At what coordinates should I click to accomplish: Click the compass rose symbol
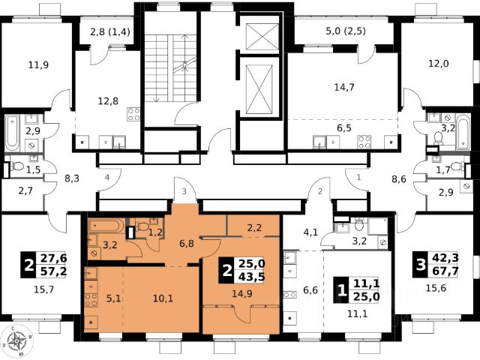pos(16,341)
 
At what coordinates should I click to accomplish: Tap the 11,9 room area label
pos(38,65)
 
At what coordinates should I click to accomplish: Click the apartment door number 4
pos(107,177)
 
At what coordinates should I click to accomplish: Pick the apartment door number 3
pos(184,192)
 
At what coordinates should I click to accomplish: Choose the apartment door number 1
pos(358,177)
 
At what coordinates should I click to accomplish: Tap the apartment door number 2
pos(320,192)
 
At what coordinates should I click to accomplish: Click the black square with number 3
pos(421,265)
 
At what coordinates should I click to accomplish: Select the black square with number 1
pos(342,290)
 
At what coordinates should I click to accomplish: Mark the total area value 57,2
pos(53,271)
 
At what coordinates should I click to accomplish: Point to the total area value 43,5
pos(252,277)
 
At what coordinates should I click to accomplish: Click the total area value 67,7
pos(445,271)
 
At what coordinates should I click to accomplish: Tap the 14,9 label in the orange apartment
pos(241,294)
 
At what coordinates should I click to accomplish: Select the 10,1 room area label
pos(163,298)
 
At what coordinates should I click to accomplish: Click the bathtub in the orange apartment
pos(106,226)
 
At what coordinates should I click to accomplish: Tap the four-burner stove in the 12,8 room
pos(133,114)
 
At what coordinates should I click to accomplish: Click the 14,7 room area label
pos(344,88)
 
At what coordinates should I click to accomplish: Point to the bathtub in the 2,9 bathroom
pos(13,133)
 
